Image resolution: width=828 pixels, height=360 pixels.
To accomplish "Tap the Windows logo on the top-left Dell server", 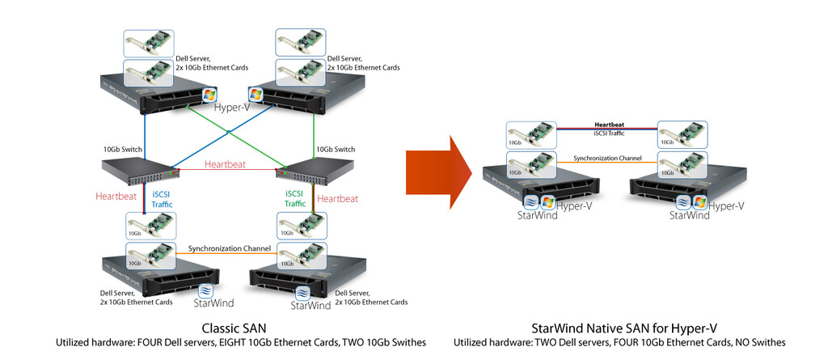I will (209, 95).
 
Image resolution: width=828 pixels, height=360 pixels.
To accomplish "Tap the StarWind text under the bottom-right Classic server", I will (310, 306).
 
